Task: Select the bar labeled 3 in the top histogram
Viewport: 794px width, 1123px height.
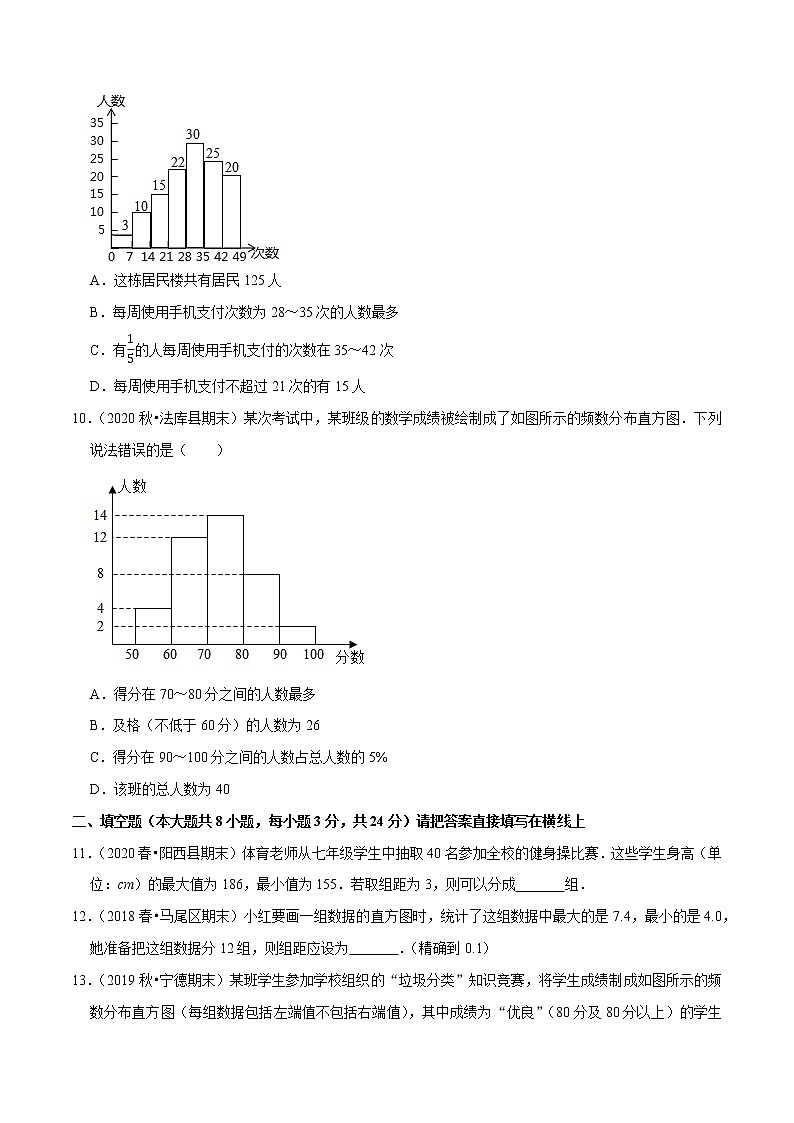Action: [x=121, y=241]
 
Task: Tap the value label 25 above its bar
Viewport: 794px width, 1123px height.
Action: [x=213, y=153]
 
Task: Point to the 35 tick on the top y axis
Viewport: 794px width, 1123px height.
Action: [x=97, y=123]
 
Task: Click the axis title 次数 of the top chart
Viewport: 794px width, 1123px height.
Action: [x=265, y=252]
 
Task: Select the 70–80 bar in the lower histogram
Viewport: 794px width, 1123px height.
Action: [x=225, y=580]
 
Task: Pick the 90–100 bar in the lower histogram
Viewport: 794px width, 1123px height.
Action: [x=297, y=634]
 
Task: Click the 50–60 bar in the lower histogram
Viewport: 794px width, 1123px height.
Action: [x=152, y=626]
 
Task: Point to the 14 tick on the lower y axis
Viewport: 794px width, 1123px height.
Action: [x=99, y=515]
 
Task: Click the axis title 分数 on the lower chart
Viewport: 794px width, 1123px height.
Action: [x=350, y=657]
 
